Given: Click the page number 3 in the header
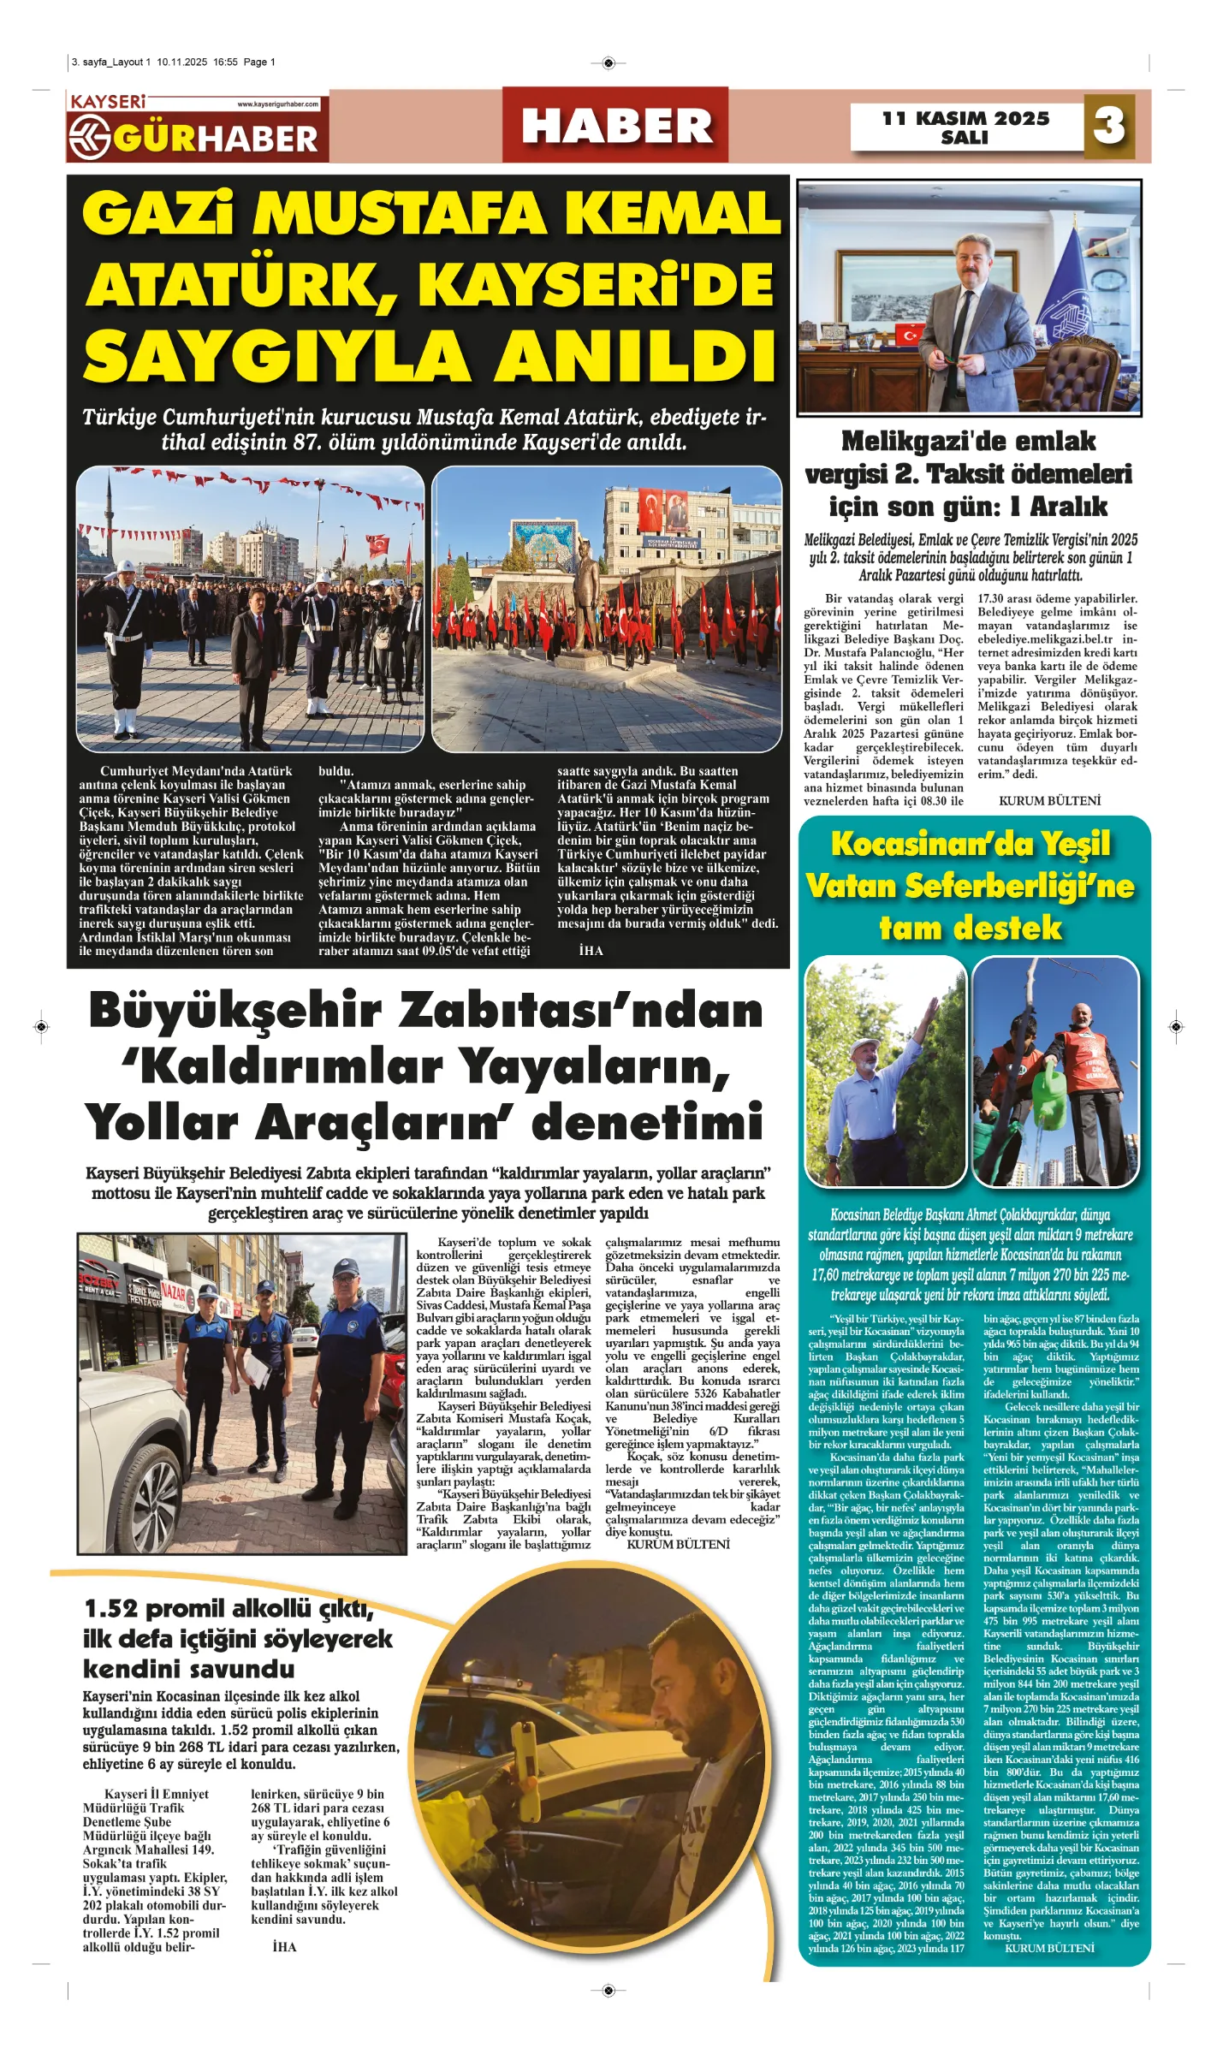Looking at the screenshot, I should [x=1109, y=126].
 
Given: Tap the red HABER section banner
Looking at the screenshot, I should [x=616, y=126].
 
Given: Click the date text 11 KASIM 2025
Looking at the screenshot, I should [x=965, y=118].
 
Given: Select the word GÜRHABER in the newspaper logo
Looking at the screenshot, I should [x=215, y=139].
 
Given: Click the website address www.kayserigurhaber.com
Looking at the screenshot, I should [x=277, y=104].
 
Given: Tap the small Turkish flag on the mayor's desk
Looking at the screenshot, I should [x=909, y=334].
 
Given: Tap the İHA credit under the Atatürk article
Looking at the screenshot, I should [x=591, y=951].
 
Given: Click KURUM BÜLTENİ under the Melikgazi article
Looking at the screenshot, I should [x=1049, y=801].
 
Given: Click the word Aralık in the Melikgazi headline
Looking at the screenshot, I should [x=1068, y=507].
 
